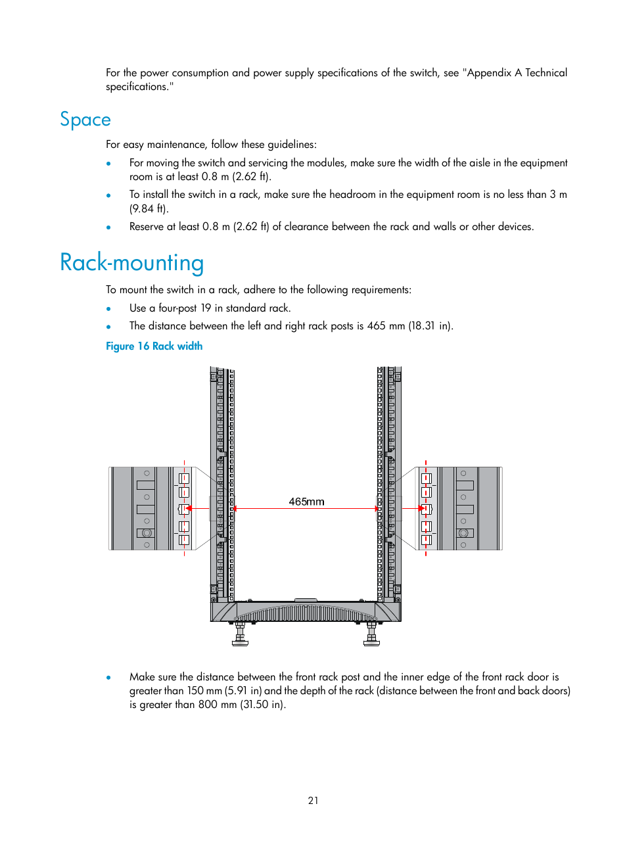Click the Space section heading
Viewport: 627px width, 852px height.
click(85, 120)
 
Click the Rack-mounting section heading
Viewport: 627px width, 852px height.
click(131, 263)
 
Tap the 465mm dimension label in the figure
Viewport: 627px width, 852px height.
click(306, 502)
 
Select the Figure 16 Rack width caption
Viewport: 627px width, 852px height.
click(154, 346)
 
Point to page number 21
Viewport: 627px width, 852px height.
click(313, 800)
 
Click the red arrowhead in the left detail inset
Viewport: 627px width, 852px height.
click(188, 508)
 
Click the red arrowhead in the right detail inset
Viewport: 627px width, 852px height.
click(421, 508)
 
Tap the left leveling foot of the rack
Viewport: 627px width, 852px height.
click(240, 636)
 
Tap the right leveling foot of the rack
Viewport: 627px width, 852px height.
click(372, 636)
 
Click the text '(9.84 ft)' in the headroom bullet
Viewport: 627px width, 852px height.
click(149, 209)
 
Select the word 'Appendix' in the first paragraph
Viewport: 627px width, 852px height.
click(490, 73)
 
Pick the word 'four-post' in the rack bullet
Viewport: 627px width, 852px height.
click(177, 308)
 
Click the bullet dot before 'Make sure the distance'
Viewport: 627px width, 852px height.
click(109, 677)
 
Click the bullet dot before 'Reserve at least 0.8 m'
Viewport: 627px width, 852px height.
click(109, 227)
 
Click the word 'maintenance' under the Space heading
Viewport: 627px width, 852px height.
click(175, 145)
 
